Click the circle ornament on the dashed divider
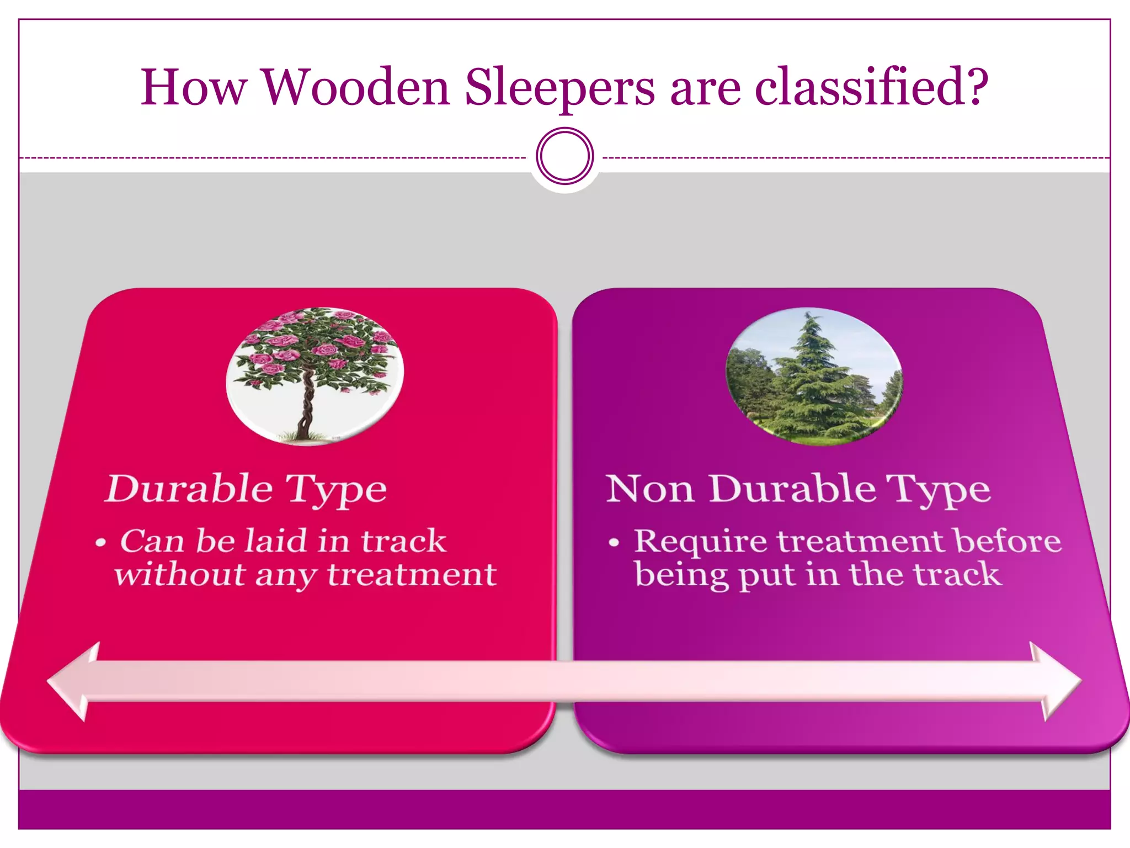click(564, 156)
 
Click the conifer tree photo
click(814, 376)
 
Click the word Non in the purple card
click(649, 489)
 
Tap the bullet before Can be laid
click(100, 543)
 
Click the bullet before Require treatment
click(614, 543)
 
